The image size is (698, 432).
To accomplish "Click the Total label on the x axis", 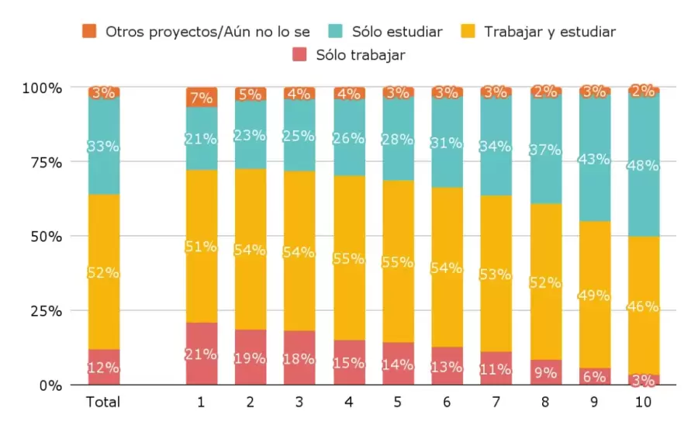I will point(103,403).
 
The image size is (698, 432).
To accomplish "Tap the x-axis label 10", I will point(644,403).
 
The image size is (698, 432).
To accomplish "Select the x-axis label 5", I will point(398,403).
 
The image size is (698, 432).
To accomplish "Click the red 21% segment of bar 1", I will point(201,354).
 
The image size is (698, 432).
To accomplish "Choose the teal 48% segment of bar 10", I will point(644,164).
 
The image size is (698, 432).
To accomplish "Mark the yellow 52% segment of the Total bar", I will point(103,272).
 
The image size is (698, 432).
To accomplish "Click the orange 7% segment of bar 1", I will point(201,98).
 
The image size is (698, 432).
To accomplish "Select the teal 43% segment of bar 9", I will point(595,158).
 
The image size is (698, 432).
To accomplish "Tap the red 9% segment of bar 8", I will point(545,372).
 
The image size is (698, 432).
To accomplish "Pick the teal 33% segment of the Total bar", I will point(103,146).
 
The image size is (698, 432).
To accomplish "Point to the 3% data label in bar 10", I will point(644,380).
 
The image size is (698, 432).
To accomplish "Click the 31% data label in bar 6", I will point(447,143).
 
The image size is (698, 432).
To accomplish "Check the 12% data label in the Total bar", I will point(103,368).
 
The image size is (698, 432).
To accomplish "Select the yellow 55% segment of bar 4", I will point(349,258).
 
